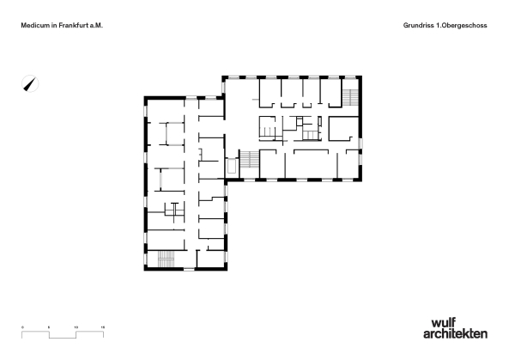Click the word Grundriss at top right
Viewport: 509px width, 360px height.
418,27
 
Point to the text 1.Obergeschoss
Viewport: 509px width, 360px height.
464,27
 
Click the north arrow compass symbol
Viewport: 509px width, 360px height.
31,84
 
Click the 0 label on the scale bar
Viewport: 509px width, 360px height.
23,328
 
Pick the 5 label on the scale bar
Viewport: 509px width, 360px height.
50,328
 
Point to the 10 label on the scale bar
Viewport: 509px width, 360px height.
76,328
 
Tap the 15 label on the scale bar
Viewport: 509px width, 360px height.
103,328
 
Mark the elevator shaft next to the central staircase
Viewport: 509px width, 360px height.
230,166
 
